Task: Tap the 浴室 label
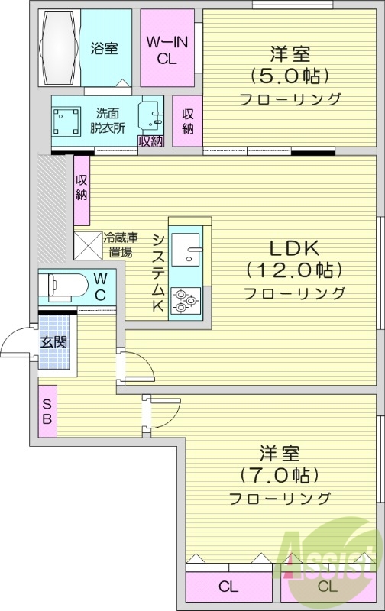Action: tap(105, 49)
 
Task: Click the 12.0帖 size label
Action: tap(293, 270)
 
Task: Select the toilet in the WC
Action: tap(64, 286)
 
